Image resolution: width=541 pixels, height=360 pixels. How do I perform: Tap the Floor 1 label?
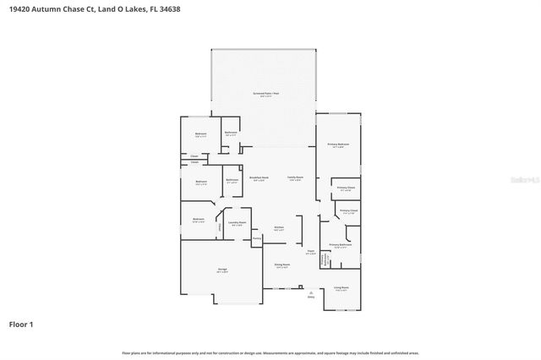tap(22, 324)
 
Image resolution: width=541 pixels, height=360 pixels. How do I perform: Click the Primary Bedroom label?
tap(338, 145)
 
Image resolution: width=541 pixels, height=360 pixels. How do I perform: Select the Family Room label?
tap(295, 177)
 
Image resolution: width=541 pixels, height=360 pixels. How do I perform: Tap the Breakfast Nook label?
tap(259, 177)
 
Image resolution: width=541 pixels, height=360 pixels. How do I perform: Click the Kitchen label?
tap(279, 227)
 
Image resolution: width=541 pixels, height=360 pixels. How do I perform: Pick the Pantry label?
tap(256, 239)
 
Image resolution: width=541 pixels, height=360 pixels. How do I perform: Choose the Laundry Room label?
tap(236, 222)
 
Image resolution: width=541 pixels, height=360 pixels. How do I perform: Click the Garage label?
tap(221, 270)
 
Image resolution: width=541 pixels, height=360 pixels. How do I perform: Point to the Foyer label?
tap(310, 250)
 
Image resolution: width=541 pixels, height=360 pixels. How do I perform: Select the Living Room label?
tap(341, 287)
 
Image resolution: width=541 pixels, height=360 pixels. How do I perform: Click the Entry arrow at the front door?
tap(310, 293)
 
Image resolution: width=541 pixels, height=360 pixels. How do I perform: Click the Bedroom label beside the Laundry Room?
tap(198, 219)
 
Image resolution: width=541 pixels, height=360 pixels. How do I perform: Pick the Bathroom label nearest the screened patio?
tap(231, 133)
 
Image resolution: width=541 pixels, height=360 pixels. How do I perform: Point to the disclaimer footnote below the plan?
tap(270, 352)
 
